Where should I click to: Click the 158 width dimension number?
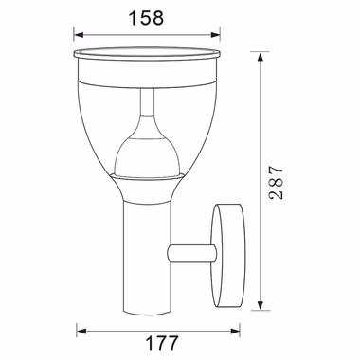[146, 18]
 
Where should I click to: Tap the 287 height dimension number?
[276, 182]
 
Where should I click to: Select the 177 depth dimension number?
[162, 343]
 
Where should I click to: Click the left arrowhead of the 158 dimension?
[79, 34]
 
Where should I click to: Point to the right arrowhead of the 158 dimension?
[215, 34]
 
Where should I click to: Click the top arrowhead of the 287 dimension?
[260, 58]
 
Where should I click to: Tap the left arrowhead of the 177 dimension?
[81, 332]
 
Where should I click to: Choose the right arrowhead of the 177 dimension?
[235, 332]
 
